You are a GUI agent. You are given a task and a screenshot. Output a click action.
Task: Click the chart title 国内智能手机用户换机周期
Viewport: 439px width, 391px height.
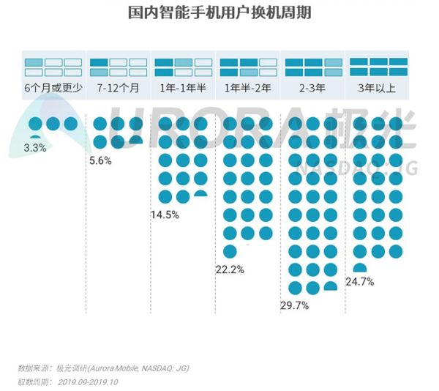click(219, 14)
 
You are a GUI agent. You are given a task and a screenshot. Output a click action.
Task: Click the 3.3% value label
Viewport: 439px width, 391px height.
click(36, 148)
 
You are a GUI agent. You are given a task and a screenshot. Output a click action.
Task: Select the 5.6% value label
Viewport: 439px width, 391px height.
click(100, 161)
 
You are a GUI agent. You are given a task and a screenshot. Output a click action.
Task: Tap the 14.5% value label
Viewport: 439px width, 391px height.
click(165, 215)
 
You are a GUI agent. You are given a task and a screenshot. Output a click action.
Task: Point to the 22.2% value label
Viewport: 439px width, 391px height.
click(229, 269)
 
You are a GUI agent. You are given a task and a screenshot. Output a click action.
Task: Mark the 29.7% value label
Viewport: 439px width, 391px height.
click(295, 305)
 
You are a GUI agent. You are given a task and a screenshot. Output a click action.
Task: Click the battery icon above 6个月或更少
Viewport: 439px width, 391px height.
click(53, 67)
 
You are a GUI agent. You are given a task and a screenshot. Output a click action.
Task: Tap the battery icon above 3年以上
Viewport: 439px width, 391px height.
click(378, 67)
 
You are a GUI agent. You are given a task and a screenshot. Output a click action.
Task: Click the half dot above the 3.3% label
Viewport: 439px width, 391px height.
click(35, 137)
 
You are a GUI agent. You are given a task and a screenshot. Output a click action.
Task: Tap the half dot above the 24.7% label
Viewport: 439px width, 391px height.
click(359, 269)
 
